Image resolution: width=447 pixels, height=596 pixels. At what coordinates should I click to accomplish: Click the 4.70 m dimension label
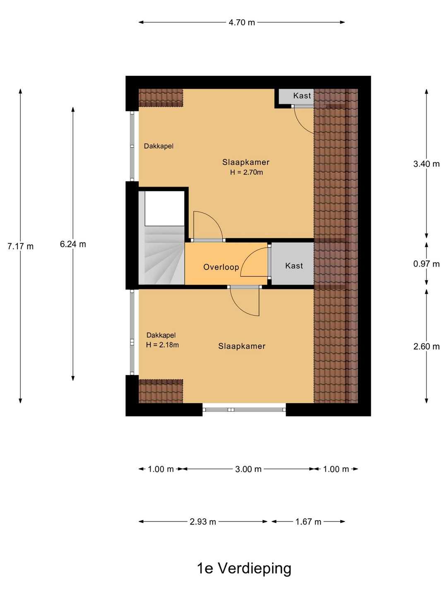tap(242, 22)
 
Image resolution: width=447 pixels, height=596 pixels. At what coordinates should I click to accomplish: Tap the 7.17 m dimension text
tap(20, 246)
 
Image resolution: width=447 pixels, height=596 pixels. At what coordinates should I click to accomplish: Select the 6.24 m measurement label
tap(73, 244)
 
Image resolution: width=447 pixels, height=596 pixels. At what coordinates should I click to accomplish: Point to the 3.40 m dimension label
tap(426, 164)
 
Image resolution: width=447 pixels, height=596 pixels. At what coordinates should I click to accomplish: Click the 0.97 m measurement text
tap(426, 264)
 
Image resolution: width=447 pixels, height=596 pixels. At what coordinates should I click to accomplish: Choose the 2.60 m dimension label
tap(426, 346)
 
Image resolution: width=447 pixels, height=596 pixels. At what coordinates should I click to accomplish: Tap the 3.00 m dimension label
tap(248, 469)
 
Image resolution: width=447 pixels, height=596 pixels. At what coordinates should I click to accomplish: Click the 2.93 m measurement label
tap(203, 521)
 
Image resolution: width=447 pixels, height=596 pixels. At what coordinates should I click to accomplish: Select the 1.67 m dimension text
tap(308, 521)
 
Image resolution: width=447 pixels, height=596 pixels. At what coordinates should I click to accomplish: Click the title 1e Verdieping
tap(244, 568)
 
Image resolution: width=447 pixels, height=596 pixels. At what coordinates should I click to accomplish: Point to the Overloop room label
tap(221, 267)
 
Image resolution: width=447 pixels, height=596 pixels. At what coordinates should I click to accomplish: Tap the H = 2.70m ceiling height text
tap(246, 172)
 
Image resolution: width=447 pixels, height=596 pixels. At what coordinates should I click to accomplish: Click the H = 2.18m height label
tap(162, 345)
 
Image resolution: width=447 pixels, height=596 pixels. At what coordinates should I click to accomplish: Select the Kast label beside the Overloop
tap(294, 266)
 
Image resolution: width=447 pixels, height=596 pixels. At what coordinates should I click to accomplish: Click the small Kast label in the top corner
tap(302, 96)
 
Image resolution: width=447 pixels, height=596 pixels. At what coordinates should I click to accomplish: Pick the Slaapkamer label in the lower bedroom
tap(242, 346)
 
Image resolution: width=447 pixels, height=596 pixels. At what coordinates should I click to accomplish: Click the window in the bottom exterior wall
tap(244, 410)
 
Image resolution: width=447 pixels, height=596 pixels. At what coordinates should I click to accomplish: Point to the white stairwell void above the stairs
tap(165, 208)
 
